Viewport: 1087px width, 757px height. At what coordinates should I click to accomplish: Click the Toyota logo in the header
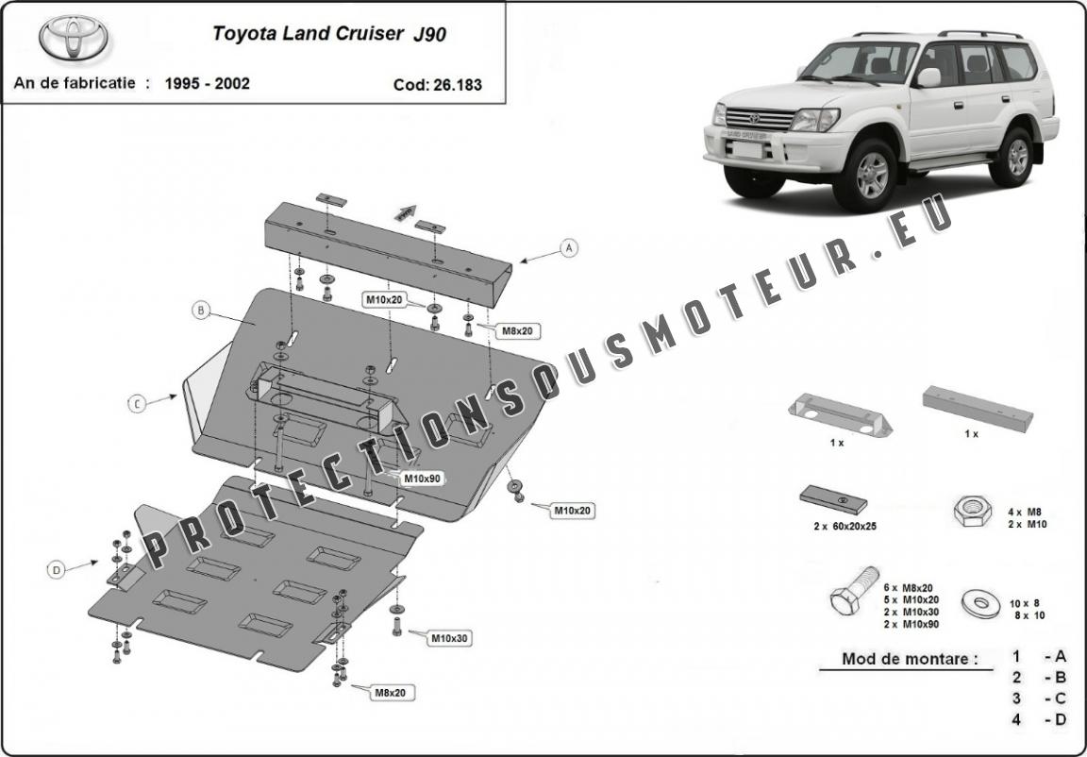tap(74, 38)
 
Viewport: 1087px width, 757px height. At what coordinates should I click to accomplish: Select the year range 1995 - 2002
tap(208, 83)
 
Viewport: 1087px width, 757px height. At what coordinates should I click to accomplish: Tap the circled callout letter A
tap(569, 248)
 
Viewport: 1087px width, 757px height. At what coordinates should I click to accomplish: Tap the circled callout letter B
tap(200, 310)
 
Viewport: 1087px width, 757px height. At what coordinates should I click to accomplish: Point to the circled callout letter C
tap(138, 404)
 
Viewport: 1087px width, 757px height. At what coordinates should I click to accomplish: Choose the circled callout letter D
tap(57, 569)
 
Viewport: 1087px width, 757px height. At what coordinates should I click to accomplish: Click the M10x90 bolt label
tap(422, 478)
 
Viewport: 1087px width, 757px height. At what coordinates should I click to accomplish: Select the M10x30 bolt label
tap(449, 639)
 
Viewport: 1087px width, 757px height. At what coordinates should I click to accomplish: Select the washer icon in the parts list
tap(978, 601)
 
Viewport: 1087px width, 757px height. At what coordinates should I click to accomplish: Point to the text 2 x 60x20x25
tap(845, 526)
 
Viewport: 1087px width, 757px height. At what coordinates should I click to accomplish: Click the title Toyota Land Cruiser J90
tap(329, 34)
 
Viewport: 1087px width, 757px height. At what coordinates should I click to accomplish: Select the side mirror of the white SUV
tap(928, 76)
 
